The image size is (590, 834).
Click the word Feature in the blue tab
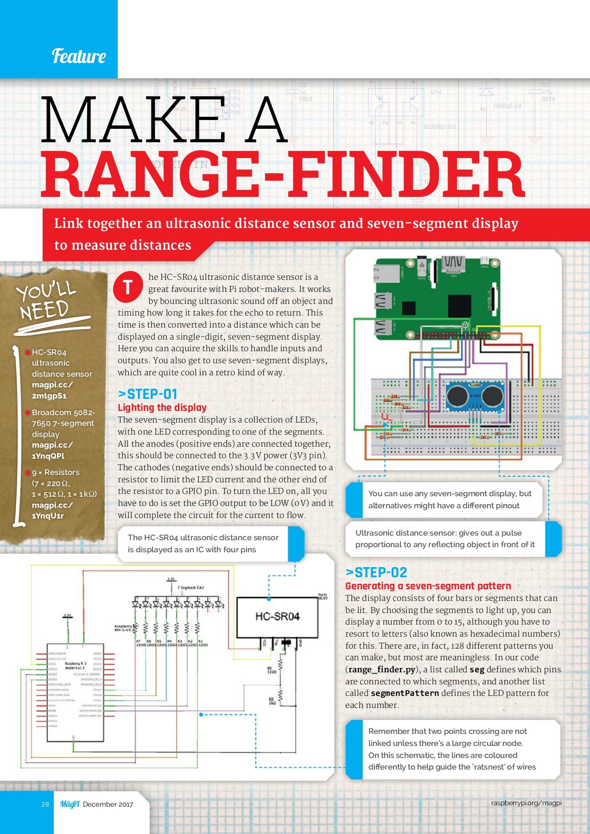coord(79,56)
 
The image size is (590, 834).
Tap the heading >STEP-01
coord(148,394)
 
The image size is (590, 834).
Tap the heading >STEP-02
coord(376,573)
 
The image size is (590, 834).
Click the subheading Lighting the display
coord(162,408)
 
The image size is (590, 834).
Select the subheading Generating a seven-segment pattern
coord(428,586)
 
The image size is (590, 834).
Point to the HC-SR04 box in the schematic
coord(277,616)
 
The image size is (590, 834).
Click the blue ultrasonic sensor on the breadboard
coord(475,396)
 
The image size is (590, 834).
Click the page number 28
coord(45,804)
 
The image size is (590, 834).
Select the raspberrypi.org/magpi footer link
coord(526,803)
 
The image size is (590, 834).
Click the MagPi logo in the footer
coord(70,804)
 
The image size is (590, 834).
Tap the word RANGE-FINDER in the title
coord(283,176)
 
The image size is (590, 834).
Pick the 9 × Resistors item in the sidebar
coord(56,472)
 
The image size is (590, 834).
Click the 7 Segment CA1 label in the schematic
coord(190,588)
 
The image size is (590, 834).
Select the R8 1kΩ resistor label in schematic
coord(272,701)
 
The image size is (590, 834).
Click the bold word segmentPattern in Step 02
coord(405,694)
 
